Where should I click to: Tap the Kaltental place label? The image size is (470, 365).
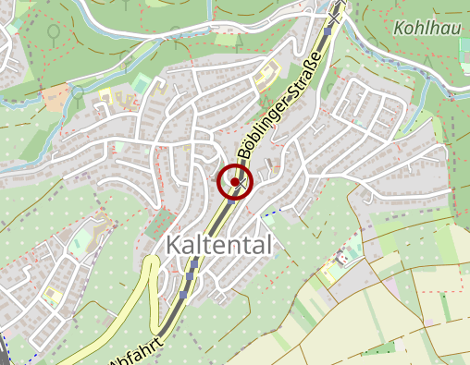(219, 245)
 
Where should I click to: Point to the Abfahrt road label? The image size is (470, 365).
(136, 354)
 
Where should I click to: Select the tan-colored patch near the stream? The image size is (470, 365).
(56, 95)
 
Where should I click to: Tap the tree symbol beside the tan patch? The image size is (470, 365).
(79, 91)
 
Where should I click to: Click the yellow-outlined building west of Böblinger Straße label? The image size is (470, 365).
(267, 73)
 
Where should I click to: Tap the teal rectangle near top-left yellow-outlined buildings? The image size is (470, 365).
(140, 84)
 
